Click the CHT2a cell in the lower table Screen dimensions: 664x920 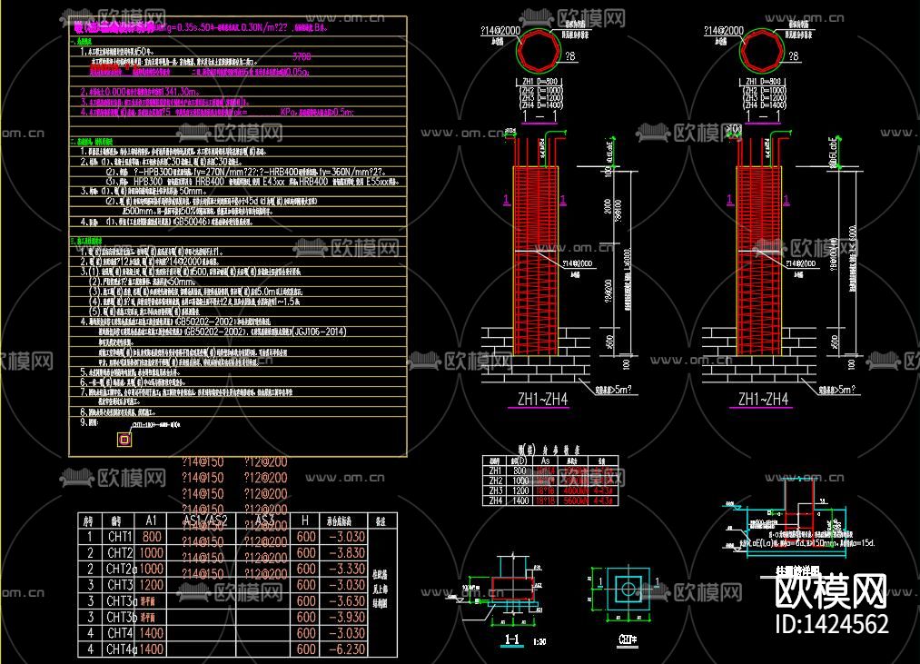[121, 569]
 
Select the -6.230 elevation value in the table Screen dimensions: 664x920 [345, 649]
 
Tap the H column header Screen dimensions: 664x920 [306, 520]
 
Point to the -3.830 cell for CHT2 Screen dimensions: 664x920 [345, 552]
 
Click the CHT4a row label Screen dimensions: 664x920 [121, 649]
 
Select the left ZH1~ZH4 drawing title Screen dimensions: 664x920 [543, 399]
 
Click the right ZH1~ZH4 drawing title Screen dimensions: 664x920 [763, 399]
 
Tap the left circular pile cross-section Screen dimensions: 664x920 [543, 50]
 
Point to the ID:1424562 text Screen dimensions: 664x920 [829, 624]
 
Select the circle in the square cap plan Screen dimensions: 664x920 [628, 589]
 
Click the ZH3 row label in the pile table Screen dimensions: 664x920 [495, 491]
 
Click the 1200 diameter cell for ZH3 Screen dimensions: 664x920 [519, 491]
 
